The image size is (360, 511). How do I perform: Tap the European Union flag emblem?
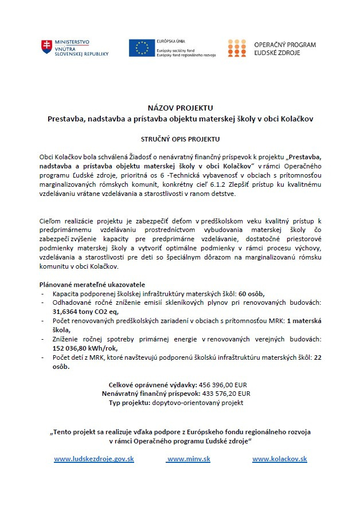[x=139, y=48]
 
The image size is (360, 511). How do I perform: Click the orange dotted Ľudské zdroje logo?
[x=237, y=48]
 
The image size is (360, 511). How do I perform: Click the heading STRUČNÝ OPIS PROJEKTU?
[x=180, y=139]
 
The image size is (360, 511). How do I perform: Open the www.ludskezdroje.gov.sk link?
[x=94, y=459]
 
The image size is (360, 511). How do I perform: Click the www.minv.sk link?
[x=189, y=459]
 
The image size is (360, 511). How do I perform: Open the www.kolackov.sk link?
[x=280, y=459]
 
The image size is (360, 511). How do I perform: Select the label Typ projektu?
[x=130, y=403]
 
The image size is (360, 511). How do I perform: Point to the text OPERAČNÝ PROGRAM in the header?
[x=284, y=45]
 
